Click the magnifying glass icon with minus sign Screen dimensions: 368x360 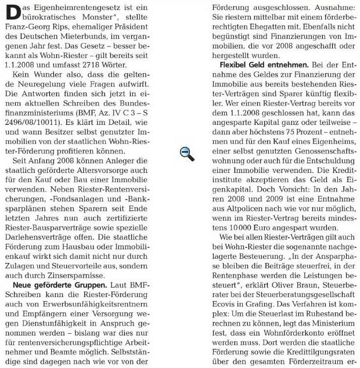pyautogui.click(x=186, y=154)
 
